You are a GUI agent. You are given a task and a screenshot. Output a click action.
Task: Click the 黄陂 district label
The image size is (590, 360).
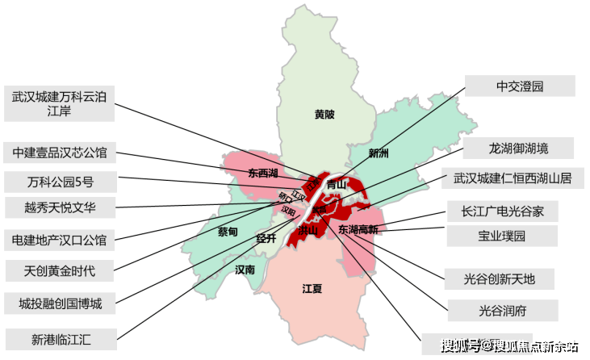[x=324, y=115]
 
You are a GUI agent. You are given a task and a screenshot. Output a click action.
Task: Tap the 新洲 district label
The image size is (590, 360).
[x=379, y=153]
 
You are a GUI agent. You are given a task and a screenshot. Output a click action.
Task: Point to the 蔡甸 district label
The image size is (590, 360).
[x=228, y=232]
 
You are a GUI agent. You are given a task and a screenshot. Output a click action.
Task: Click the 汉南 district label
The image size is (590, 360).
[x=245, y=269]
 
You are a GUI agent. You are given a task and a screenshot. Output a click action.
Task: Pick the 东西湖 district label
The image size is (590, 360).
[x=263, y=174]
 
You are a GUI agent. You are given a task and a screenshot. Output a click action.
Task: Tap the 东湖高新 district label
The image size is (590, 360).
[x=358, y=230]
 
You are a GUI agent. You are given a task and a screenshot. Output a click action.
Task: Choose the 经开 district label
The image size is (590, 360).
[x=266, y=238]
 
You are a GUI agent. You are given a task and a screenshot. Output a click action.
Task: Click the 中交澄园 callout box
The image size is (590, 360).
[x=520, y=86]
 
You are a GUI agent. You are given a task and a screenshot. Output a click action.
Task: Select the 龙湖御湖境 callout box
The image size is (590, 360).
[x=518, y=149]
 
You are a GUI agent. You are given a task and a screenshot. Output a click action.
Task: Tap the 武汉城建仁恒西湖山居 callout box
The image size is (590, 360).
[x=512, y=178]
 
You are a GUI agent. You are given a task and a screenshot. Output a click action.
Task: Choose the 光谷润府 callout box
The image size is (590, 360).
[x=501, y=308]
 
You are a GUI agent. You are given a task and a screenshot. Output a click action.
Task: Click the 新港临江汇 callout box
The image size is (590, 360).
[x=61, y=340]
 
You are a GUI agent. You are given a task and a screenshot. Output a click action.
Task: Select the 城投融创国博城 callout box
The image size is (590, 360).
[x=61, y=303]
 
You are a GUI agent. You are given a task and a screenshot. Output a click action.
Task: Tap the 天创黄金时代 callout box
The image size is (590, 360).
[x=61, y=270]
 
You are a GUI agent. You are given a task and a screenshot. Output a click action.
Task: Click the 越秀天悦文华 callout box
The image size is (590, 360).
[x=61, y=207]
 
